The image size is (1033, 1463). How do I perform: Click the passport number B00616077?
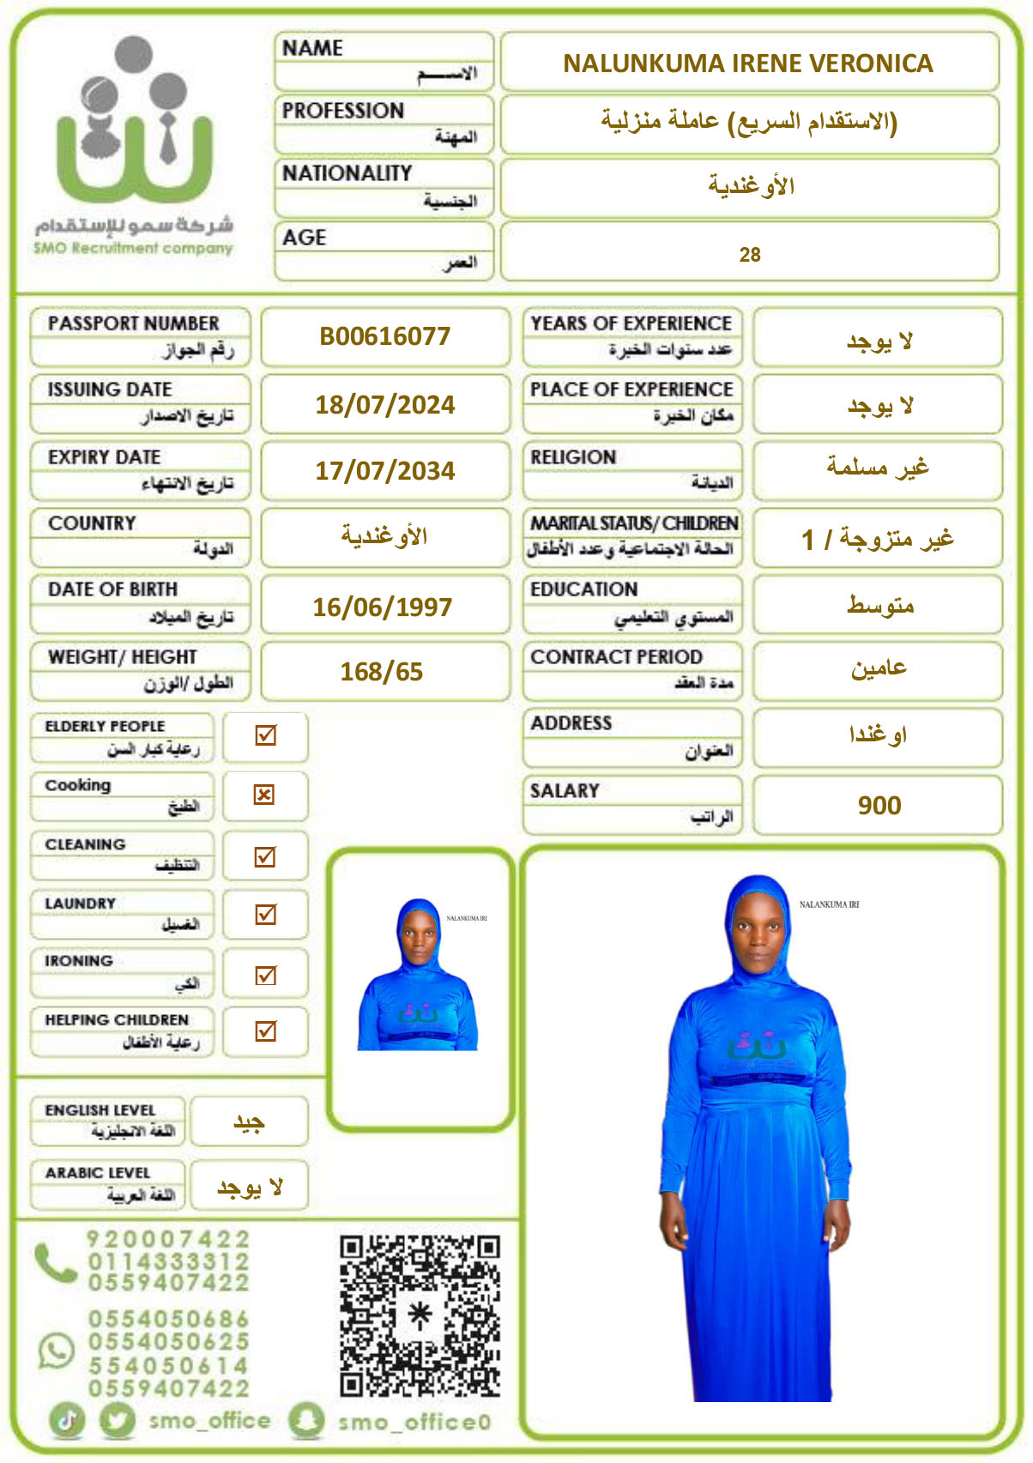coord(384,336)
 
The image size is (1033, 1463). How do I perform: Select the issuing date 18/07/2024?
coord(384,404)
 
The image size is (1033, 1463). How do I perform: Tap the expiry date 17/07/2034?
coord(384,471)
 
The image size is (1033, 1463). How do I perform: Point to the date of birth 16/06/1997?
coord(382,608)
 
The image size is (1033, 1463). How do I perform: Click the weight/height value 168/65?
coord(381,672)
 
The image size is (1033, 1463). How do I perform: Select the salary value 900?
coord(879,806)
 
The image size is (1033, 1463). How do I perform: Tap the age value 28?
coord(749,255)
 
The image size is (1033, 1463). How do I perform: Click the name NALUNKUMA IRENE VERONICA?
coord(747,63)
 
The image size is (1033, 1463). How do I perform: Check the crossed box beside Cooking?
coord(264,795)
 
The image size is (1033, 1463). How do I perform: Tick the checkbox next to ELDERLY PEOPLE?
coord(266,735)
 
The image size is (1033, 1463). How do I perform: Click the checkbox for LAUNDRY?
coord(266,915)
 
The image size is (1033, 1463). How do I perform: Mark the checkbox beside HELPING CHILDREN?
coord(266,1031)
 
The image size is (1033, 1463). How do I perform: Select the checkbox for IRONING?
coord(266,975)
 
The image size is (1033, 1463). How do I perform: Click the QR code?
coord(419,1315)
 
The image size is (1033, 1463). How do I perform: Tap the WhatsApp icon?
coord(57,1350)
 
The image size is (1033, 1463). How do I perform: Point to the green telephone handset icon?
coord(56,1263)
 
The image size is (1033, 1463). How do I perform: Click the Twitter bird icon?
coord(118,1420)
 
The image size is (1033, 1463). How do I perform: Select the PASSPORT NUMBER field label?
coord(134,323)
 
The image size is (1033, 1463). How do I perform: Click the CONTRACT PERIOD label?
coord(616,657)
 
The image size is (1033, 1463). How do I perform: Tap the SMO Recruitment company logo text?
coord(133,249)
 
